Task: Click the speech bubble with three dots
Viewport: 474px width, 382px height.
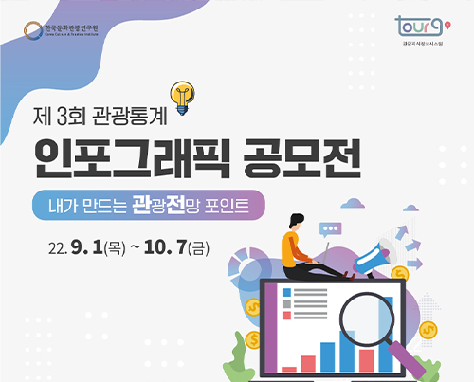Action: [x=330, y=229]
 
